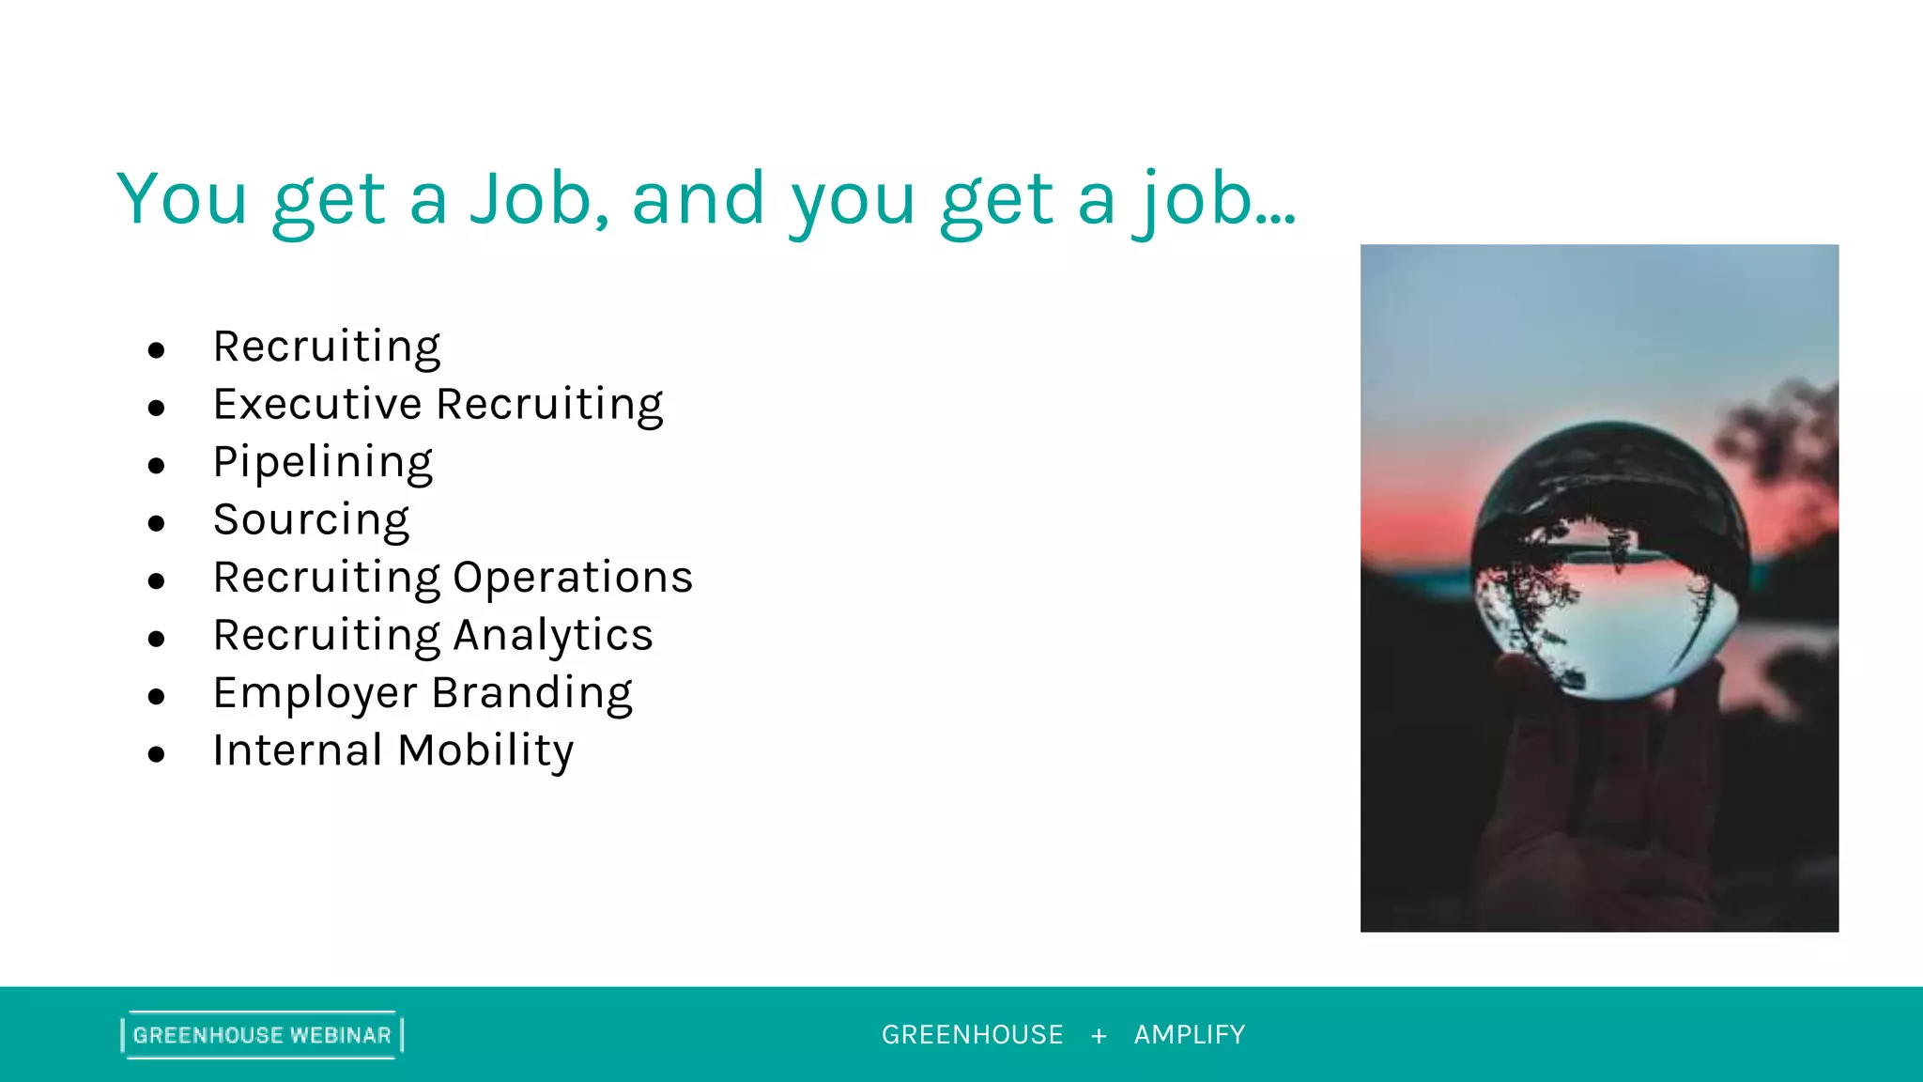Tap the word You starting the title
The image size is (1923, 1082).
tap(182, 199)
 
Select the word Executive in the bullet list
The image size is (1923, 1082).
tap(317, 405)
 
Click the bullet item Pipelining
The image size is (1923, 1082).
tap(322, 463)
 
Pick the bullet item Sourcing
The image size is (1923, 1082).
tap(311, 520)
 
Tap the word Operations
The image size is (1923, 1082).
tap(573, 578)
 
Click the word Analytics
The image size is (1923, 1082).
tap(553, 636)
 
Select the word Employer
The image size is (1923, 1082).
tap(315, 694)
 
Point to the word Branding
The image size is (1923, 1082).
tap(531, 694)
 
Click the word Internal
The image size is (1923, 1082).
tap(297, 750)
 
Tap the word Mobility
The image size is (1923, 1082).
tap(485, 751)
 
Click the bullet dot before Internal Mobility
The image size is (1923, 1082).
tap(156, 754)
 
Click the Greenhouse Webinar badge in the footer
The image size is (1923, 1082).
tap(262, 1035)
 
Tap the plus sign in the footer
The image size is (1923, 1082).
tap(1099, 1036)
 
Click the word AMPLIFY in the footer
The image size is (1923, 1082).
tap(1190, 1035)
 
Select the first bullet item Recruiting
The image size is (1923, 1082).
tap(327, 348)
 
